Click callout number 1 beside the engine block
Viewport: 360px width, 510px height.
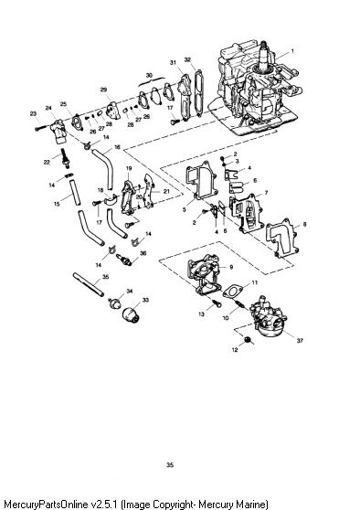click(x=292, y=51)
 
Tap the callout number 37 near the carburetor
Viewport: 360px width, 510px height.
click(x=300, y=341)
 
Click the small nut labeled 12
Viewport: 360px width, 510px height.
click(x=248, y=340)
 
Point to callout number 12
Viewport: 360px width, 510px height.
click(x=235, y=350)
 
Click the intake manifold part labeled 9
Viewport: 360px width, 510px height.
click(x=205, y=273)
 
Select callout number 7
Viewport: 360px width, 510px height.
click(x=266, y=193)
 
